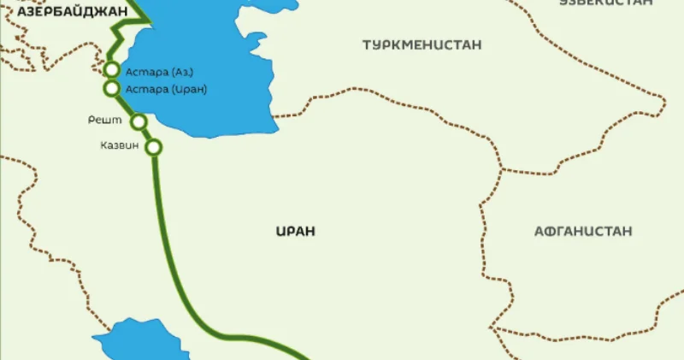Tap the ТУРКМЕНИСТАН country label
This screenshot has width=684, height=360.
[x=422, y=44]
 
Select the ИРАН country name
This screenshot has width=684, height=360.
[x=296, y=231]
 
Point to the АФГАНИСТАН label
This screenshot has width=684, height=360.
[x=582, y=231]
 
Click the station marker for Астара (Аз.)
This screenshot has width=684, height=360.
[x=111, y=70]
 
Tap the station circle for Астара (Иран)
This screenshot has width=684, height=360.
[x=111, y=88]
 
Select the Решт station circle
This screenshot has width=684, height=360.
[x=139, y=121]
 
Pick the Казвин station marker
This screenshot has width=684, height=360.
[x=154, y=147]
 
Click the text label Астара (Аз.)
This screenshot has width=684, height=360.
[x=154, y=71]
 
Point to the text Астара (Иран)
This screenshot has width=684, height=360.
[x=166, y=88]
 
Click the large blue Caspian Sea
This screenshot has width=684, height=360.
[x=214, y=60]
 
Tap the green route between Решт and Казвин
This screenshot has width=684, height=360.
[x=147, y=135]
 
